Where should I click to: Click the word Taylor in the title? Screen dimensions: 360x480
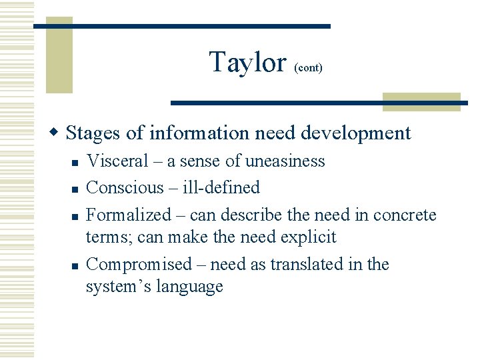tap(247, 63)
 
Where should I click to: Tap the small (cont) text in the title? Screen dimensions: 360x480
tap(308, 68)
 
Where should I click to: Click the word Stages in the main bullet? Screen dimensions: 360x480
tap(94, 133)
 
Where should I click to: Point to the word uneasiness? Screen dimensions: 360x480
tap(285, 161)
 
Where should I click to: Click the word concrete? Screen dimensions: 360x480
tap(405, 215)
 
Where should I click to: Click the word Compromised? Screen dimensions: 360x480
tap(139, 264)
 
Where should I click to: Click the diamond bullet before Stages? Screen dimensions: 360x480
tap(57, 133)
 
